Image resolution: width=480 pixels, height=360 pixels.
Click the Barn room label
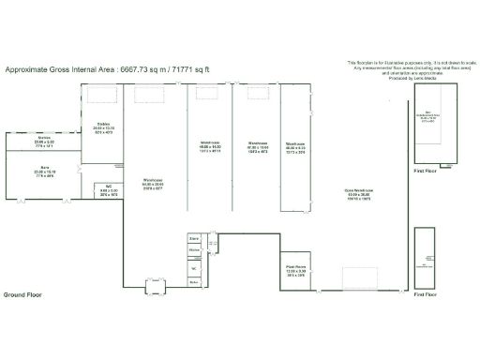pos(43,172)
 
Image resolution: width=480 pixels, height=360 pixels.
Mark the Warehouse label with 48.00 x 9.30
pos(294,147)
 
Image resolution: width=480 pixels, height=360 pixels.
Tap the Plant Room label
pos(296,272)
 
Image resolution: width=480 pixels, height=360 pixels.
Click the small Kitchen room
pos(195,251)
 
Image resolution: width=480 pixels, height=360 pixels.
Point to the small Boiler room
pos(195,280)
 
